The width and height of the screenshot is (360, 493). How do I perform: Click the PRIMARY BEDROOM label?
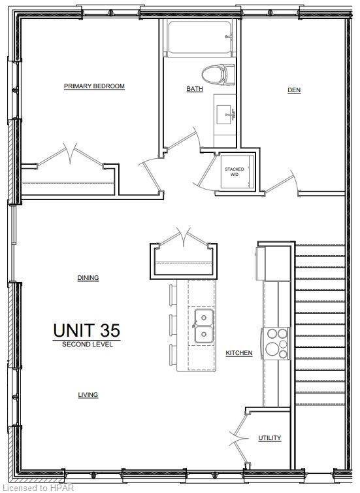(x=94, y=86)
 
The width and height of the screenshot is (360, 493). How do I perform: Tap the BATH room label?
(x=195, y=89)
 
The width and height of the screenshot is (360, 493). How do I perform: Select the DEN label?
(x=294, y=90)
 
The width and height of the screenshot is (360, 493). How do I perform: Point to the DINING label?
(x=88, y=278)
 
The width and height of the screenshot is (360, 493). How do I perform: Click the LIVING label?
(x=88, y=395)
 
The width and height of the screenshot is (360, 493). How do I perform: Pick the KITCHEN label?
(x=239, y=353)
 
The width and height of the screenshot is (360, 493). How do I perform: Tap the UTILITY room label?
(x=269, y=437)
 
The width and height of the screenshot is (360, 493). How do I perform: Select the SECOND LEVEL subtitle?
(x=87, y=345)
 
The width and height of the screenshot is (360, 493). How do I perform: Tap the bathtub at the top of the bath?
(x=199, y=39)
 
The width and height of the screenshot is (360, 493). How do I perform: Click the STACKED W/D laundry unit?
(x=234, y=173)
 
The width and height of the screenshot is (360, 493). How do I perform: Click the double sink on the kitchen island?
(x=203, y=326)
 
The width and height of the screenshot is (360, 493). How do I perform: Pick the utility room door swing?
(x=238, y=438)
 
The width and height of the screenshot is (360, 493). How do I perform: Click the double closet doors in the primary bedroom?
(x=69, y=157)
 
